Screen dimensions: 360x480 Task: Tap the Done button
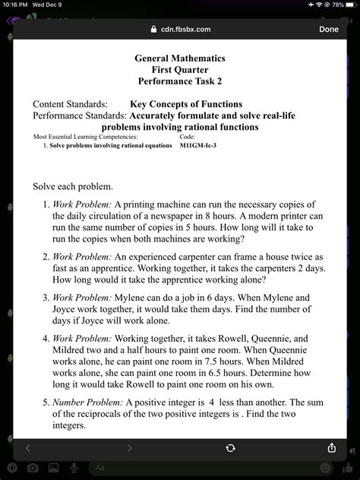328,29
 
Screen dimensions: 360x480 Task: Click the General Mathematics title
180,57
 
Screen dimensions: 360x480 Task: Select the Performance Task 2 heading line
180,80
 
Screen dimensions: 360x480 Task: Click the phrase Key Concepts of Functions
186,104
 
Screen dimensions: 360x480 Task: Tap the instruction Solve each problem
73,186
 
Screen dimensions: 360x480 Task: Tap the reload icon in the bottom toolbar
230,448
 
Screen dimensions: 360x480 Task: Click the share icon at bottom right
331,447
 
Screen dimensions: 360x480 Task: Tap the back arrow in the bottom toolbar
28,448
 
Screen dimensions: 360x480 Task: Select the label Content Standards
70,104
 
